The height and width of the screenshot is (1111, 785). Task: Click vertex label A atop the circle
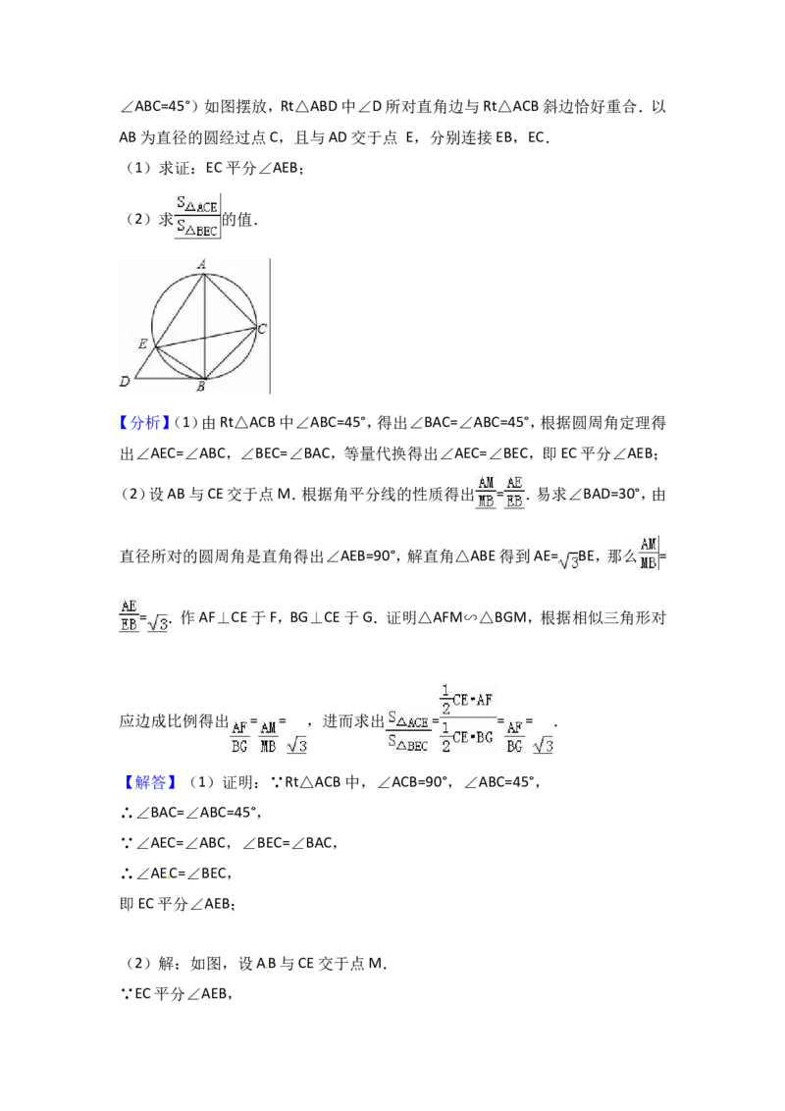coord(201,263)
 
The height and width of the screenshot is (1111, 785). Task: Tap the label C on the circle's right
coord(262,329)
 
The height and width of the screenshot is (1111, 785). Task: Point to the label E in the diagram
coord(142,344)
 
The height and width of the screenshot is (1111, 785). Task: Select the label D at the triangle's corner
coord(125,382)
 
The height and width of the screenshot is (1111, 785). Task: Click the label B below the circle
coord(200,387)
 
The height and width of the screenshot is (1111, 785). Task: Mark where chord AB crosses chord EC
coord(203,337)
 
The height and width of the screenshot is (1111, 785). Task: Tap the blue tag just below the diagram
coord(145,423)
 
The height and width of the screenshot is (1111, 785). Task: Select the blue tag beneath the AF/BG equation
coord(152,782)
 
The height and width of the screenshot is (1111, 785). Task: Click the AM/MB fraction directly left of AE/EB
coord(486,491)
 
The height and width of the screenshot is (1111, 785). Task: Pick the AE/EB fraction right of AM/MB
coord(514,491)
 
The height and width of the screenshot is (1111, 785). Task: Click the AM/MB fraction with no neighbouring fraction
coord(648,554)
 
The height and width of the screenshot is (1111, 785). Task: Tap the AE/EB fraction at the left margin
coord(130,615)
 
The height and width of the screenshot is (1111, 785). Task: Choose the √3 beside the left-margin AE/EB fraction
coord(158,623)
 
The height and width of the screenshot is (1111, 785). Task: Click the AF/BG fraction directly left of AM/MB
coord(239,736)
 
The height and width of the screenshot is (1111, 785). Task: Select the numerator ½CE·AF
coord(467,697)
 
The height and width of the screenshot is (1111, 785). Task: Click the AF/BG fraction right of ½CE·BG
coord(515,736)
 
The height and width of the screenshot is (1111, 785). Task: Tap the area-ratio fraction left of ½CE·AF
coord(408,734)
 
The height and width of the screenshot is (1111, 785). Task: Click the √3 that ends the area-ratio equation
coord(543,745)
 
